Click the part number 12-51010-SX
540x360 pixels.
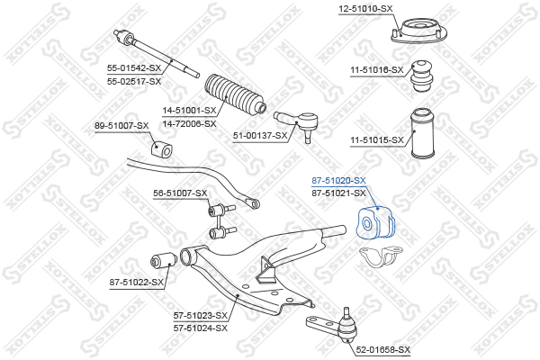(365, 9)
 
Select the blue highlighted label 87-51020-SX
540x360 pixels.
(338, 180)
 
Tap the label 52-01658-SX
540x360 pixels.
(383, 350)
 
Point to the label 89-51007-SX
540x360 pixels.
(121, 126)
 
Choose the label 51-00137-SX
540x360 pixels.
(260, 136)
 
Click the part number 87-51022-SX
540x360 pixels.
(137, 283)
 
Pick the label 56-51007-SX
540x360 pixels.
(180, 193)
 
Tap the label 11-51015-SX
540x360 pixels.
(377, 140)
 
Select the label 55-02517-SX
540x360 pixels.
(134, 82)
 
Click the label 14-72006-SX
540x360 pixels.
(189, 123)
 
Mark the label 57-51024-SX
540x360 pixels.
(201, 328)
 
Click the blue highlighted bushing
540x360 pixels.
(375, 222)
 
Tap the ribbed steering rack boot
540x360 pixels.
(235, 94)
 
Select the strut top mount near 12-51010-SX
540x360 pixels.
(419, 31)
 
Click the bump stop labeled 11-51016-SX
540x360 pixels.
(422, 76)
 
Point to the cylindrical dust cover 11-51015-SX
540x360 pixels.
(424, 134)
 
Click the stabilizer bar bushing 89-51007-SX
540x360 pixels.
(161, 149)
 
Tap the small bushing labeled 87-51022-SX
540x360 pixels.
(164, 260)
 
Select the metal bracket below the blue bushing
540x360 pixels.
(381, 256)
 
